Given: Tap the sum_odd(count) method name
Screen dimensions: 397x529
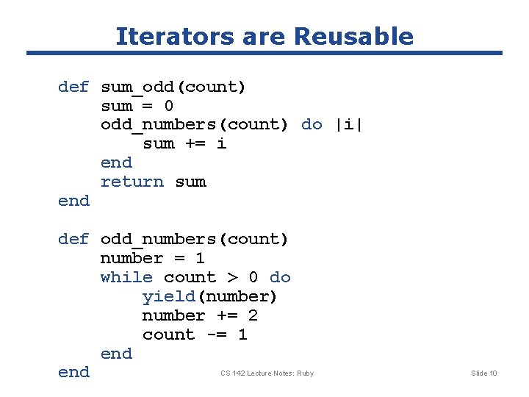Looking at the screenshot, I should coord(173,87).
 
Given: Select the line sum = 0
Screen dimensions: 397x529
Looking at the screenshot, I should coord(137,106).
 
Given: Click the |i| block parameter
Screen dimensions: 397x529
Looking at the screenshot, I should coord(349,124).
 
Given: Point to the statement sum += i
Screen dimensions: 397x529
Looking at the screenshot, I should coord(184,143).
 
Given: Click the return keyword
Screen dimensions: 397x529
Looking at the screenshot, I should coord(132,182).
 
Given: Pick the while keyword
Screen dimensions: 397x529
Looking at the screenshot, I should coord(126,277).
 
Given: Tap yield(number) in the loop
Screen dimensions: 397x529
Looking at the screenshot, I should coord(209,296).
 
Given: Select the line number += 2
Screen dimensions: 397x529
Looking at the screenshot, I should coord(200,315).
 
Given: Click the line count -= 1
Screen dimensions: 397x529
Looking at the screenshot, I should coord(195,335).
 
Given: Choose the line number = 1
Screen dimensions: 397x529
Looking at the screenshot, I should coord(152,258).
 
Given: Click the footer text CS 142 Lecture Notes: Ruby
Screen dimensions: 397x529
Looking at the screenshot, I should coord(267,373).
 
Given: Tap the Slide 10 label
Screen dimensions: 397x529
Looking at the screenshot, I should coord(483,373).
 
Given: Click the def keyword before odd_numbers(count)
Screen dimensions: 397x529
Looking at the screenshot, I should coord(73,239).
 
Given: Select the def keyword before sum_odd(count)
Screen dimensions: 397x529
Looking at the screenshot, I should coord(73,87).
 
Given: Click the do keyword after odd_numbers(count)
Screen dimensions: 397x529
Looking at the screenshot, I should coord(312,124).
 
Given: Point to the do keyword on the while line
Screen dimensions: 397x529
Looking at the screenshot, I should coord(280,277).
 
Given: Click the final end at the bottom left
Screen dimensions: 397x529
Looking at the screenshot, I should coord(73,372).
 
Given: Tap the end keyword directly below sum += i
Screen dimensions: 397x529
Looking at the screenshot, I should coord(116,162).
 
